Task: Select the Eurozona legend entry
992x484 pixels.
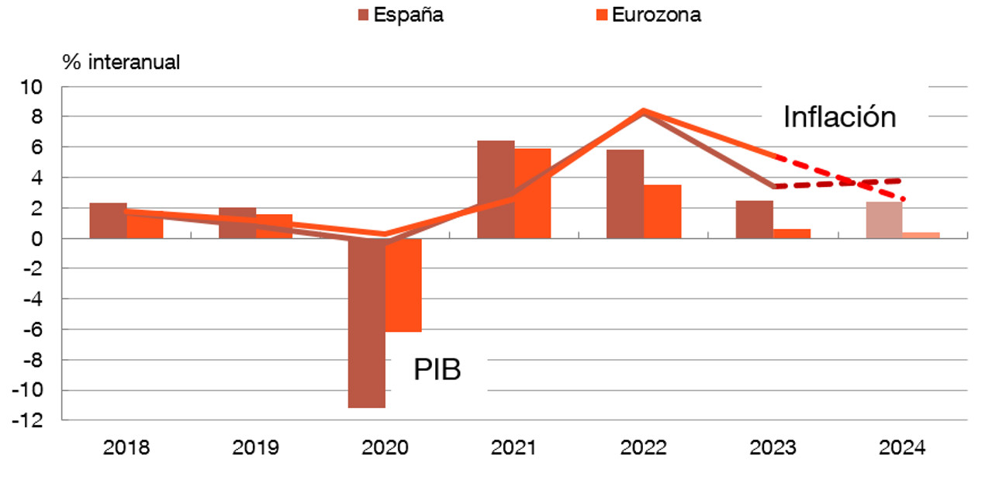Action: click(648, 15)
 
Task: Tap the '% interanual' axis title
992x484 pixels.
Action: click(122, 63)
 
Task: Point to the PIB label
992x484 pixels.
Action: click(437, 369)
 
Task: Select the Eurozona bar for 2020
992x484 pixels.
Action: click(403, 285)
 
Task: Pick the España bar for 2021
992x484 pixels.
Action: click(496, 190)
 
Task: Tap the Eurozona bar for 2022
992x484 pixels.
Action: click(662, 212)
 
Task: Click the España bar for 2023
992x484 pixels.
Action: click(755, 220)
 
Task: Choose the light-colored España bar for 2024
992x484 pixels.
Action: click(884, 220)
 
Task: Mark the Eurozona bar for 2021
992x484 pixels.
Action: click(533, 194)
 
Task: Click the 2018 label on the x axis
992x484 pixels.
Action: click(126, 448)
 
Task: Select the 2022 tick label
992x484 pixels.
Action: click(644, 448)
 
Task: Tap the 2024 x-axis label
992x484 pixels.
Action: click(902, 448)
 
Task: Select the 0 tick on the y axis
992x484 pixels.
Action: click(45, 239)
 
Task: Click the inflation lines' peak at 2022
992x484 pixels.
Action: click(644, 111)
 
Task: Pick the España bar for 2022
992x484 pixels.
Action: click(625, 194)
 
